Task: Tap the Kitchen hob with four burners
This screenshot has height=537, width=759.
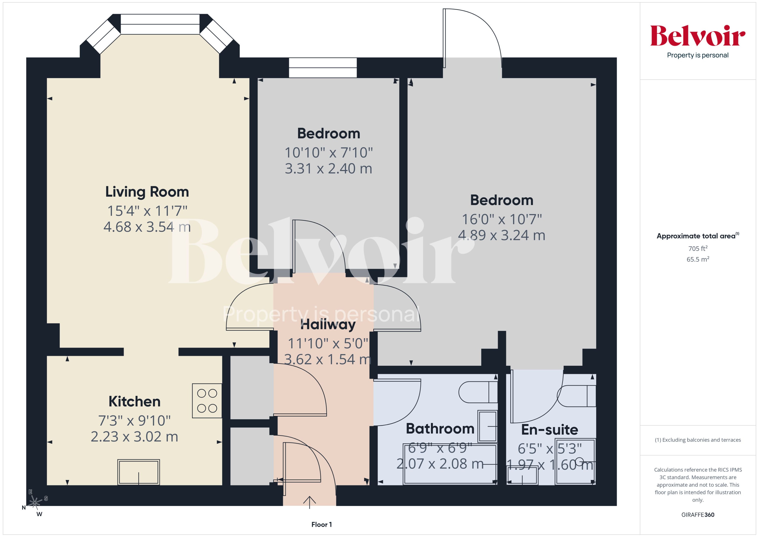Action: tap(207, 400)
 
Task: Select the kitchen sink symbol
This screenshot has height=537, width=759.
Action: tap(139, 472)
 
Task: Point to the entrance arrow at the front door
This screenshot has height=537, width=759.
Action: tap(309, 502)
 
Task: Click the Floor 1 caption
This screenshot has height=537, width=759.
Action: tap(321, 524)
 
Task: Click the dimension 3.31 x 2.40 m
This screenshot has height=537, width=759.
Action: tap(328, 169)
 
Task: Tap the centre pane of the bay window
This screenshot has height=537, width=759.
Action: tap(160, 24)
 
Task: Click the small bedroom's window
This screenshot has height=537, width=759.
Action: tap(322, 68)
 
